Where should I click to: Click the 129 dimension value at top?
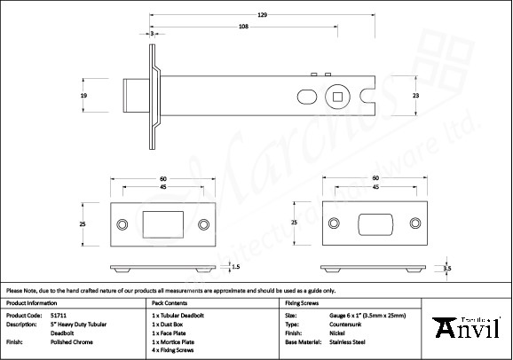coord(262,14)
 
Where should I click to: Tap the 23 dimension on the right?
coord(429,95)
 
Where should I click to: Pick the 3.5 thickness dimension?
coord(448,267)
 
